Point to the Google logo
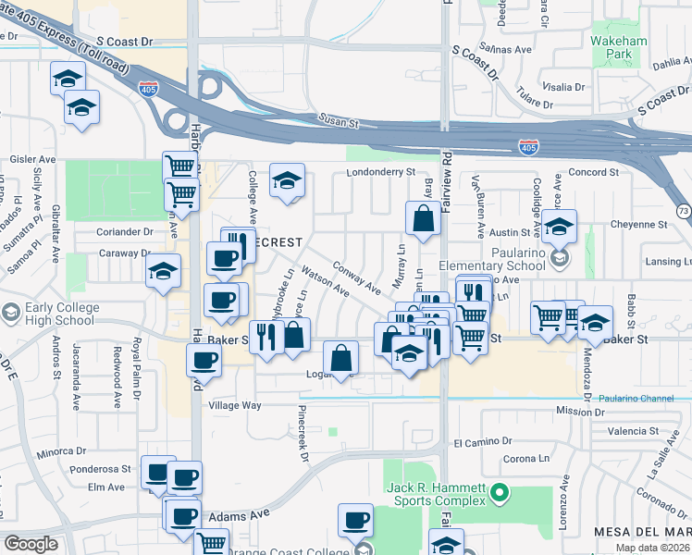click(31, 544)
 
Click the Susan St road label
click(339, 121)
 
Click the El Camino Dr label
click(484, 443)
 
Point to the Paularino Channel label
click(632, 398)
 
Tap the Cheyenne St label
click(643, 224)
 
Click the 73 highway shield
click(682, 212)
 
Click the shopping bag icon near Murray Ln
click(423, 220)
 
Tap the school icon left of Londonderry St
click(288, 180)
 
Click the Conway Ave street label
click(356, 276)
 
